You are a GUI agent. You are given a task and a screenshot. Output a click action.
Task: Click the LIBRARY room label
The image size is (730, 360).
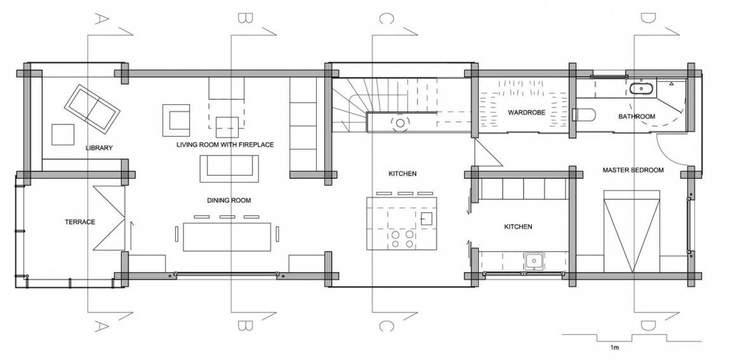pos(99,148)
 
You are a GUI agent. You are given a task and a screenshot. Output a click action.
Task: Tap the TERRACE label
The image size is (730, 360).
pos(80,222)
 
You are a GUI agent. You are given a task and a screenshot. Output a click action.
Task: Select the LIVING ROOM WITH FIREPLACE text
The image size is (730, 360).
pos(225,145)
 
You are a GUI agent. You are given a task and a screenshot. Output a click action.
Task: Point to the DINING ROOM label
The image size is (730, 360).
pos(229,201)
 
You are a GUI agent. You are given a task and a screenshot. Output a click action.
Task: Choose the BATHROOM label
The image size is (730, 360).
pos(637,116)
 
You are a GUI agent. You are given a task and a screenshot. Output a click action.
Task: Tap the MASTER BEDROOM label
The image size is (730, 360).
pos(633,170)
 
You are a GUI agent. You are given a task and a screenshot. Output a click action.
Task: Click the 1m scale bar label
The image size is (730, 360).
pos(614,348)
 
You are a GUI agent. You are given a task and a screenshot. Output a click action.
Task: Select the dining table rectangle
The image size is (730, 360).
pos(227,237)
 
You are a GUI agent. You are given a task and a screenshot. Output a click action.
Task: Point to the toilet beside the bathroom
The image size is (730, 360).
pos(583,114)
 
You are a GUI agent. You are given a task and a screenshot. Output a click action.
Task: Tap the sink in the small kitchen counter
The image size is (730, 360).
pos(533,261)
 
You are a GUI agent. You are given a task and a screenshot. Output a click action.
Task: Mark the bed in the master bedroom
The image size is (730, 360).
pos(632,231)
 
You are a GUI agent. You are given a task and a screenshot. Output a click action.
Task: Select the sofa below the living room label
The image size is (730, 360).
pos(229,169)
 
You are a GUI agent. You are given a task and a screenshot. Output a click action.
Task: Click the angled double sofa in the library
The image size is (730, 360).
pos(92,107)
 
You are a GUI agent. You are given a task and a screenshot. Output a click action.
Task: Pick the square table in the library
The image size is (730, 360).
pos(63,135)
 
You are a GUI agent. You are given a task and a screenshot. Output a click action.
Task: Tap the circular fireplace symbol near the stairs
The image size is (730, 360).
pos(400,123)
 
